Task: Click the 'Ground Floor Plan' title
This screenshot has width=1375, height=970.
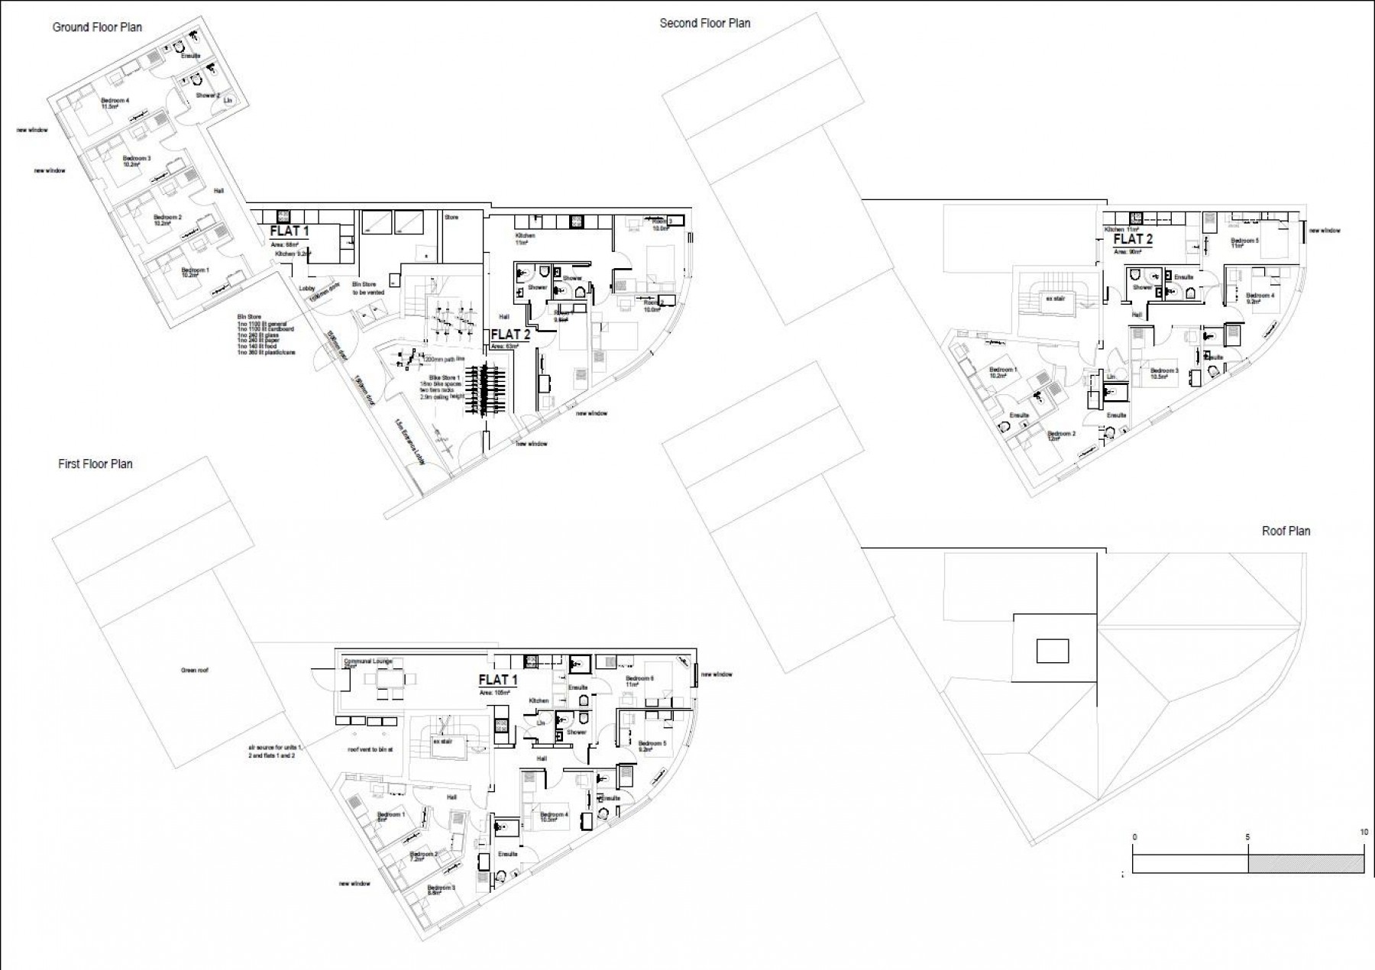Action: coord(97,27)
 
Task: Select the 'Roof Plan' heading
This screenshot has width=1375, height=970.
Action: coord(1286,531)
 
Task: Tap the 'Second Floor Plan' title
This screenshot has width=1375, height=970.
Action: coord(704,24)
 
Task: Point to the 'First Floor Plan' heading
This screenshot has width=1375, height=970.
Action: coord(95,464)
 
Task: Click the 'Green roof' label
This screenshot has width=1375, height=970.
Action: coord(194,671)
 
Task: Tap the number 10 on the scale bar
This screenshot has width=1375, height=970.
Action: coord(1364,833)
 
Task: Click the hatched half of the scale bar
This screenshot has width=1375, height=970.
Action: coord(1305,864)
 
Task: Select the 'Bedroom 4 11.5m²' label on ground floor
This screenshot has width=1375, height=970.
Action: coord(115,104)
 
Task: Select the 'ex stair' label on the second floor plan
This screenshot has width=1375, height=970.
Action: coord(1054,299)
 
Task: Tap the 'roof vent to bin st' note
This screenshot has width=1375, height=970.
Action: coord(370,750)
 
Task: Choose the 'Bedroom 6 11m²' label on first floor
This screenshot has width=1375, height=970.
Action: coord(639,681)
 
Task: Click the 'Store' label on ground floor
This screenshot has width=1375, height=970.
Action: coord(451,218)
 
